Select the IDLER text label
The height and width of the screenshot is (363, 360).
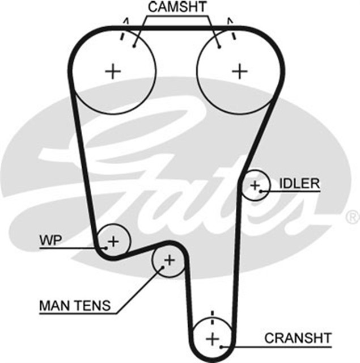click(299, 184)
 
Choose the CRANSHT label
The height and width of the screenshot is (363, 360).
click(297, 338)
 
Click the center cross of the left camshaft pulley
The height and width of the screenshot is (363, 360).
click(113, 71)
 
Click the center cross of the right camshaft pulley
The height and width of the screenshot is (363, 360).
click(241, 71)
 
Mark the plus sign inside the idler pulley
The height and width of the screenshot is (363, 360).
click(255, 185)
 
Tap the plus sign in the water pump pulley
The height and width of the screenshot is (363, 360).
click(113, 241)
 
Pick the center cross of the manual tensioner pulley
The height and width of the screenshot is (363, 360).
click(168, 260)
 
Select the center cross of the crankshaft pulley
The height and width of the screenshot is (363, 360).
click(212, 339)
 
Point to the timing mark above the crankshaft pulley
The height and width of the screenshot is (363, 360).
click(212, 315)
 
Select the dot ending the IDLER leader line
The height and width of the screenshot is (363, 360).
click(261, 191)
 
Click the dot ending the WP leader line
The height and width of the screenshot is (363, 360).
click(106, 247)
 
